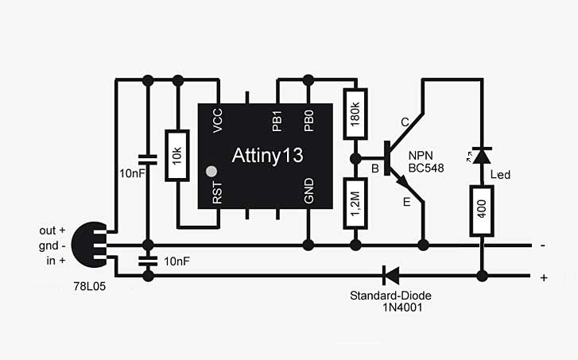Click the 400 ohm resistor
point(480,211)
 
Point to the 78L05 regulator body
point(86,246)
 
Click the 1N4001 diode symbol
point(390,276)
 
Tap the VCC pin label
point(218,121)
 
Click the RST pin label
point(218,193)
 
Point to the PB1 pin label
point(277,121)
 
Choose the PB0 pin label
point(308,121)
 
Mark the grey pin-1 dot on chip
point(211,171)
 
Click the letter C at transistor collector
point(405,122)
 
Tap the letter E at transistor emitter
point(406,202)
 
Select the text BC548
point(426,168)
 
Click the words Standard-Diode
point(390,296)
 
